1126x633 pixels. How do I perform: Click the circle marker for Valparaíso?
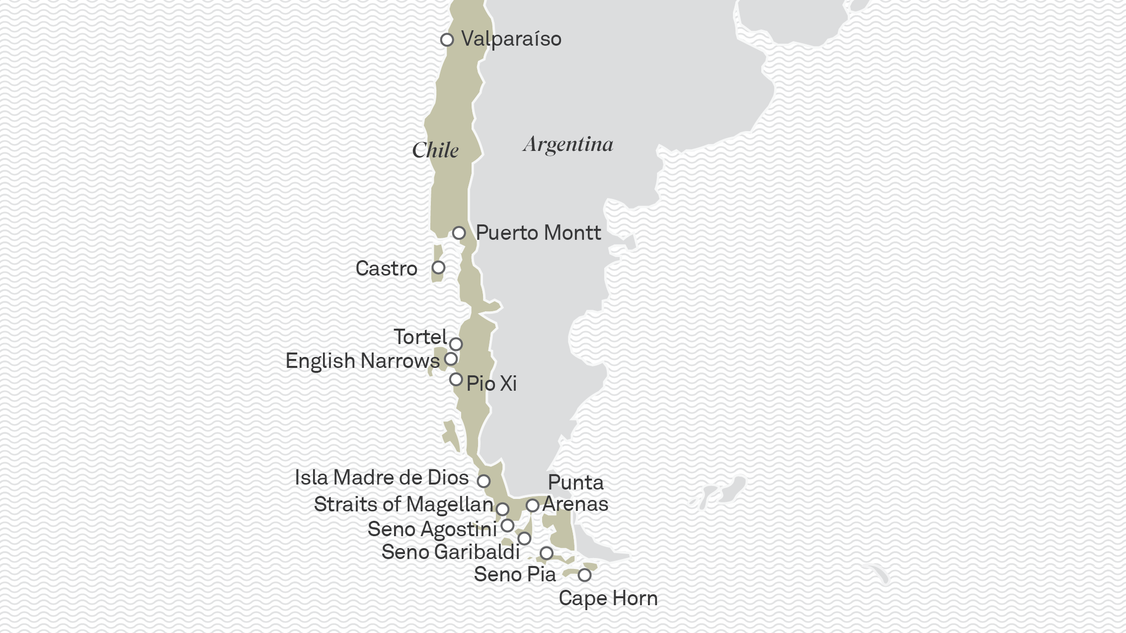(447, 40)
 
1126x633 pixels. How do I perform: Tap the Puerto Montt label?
(538, 233)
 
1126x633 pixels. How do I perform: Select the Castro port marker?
(438, 268)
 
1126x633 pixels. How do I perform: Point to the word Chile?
(435, 150)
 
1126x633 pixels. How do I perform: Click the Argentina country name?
(568, 144)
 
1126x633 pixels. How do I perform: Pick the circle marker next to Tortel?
(456, 344)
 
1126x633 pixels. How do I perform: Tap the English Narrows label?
(362, 361)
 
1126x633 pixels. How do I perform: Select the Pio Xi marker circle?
(456, 379)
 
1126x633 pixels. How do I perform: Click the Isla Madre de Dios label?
(381, 478)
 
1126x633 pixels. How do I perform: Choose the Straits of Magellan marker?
(502, 509)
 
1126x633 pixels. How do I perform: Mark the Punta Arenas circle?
(532, 505)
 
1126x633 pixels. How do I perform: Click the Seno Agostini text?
(432, 529)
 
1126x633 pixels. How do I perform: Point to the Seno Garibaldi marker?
(524, 538)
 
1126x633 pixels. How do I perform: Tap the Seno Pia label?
(515, 574)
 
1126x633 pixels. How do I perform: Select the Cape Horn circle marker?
(584, 575)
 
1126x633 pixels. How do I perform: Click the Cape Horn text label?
(608, 598)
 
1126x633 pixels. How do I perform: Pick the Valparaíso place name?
(511, 39)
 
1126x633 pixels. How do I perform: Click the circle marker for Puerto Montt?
(459, 233)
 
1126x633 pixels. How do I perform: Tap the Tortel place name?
(420, 337)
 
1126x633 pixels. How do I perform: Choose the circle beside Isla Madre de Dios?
(483, 481)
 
